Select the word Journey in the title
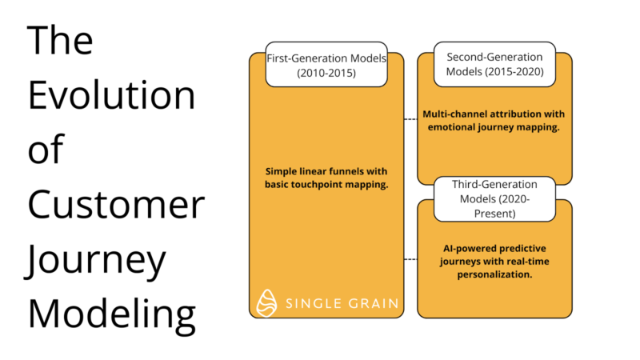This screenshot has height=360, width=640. [x=95, y=262]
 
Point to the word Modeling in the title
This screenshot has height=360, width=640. [x=112, y=315]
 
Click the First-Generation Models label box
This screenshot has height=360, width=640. [x=326, y=64]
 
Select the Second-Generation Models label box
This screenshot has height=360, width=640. [x=494, y=64]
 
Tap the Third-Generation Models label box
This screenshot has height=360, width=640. [x=494, y=198]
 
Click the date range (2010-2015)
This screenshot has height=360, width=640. [x=326, y=73]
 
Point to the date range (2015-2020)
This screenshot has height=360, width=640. [x=514, y=71]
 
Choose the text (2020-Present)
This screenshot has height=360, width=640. [x=494, y=206]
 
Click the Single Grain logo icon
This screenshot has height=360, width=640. [x=266, y=303]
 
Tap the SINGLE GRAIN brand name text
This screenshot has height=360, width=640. [x=342, y=303]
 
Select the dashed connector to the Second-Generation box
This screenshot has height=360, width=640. [x=410, y=119]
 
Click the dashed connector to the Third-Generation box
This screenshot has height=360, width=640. [x=410, y=259]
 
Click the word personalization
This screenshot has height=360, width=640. [x=494, y=274]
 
